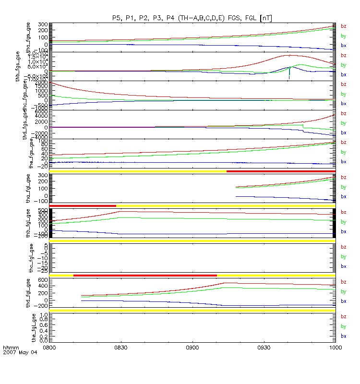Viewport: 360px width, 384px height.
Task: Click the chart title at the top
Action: (192, 18)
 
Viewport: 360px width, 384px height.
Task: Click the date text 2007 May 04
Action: (16, 352)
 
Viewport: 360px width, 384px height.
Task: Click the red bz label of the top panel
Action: (343, 26)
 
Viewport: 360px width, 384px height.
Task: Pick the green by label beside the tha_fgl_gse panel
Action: (343, 187)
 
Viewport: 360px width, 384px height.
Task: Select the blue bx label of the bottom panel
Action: (343, 336)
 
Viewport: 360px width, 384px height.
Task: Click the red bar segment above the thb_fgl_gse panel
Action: (83, 206)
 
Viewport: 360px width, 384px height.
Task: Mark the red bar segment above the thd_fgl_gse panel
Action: (144, 275)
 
